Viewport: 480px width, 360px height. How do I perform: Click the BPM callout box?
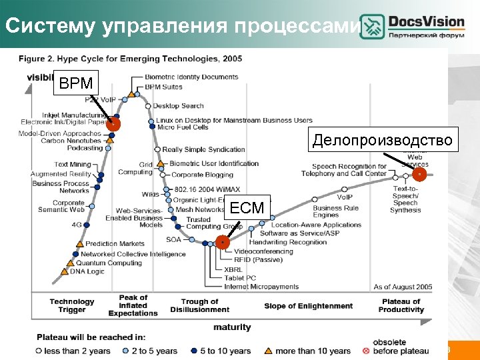coord(75,84)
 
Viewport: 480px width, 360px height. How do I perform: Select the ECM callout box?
coord(247,208)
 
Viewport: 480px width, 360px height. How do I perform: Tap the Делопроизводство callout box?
coord(382,141)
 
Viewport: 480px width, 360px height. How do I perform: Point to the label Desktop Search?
coord(178,106)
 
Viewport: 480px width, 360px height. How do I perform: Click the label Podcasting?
coord(85,148)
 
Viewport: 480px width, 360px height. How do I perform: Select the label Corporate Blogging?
coord(203,175)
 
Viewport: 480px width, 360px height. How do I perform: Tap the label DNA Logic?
coord(87,271)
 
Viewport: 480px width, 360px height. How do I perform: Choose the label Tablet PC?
coord(240,278)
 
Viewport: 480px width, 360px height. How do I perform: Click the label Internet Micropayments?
coord(261,287)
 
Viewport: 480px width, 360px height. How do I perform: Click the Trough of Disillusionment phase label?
coord(199,306)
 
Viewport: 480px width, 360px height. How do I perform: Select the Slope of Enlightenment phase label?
coord(308,306)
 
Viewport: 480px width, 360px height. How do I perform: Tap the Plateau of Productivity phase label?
coord(401,306)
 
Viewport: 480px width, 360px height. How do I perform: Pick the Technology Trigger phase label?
coord(72,306)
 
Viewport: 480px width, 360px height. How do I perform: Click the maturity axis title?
coord(232,327)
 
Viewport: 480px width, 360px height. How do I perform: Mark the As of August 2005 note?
coord(403,287)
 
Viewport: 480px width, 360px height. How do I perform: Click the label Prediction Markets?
coord(115,244)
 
